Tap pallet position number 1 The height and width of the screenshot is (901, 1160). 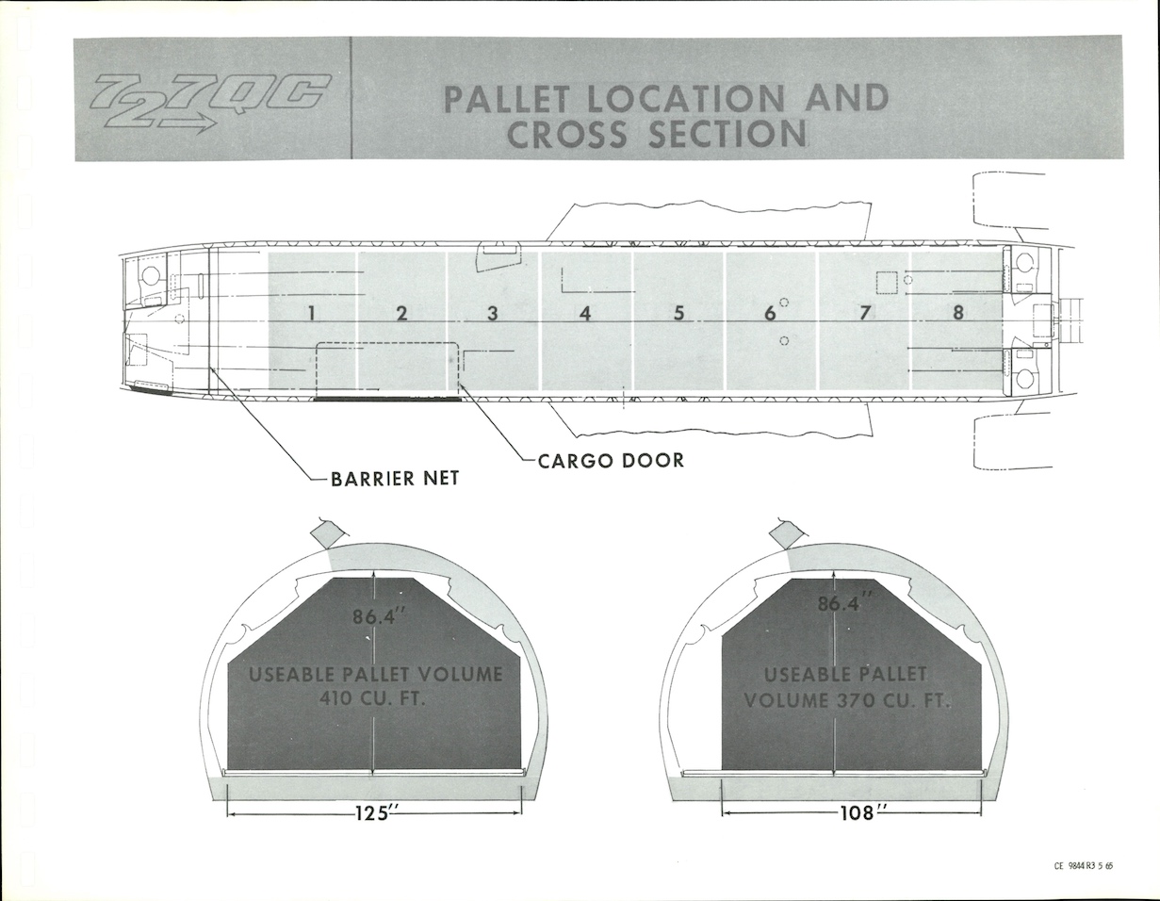tap(310, 314)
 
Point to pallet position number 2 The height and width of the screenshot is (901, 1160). tap(401, 314)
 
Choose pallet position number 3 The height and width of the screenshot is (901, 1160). tap(492, 314)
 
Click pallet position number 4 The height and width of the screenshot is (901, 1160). tap(585, 314)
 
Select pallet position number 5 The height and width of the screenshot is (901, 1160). tap(678, 314)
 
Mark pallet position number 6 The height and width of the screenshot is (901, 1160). tap(769, 314)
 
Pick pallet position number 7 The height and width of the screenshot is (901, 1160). tap(864, 314)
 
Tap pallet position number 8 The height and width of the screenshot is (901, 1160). tap(957, 314)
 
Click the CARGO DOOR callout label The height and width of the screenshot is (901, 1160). tap(611, 461)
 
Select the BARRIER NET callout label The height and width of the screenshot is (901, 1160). tap(395, 479)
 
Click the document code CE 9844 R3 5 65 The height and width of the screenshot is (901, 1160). tap(1084, 866)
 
